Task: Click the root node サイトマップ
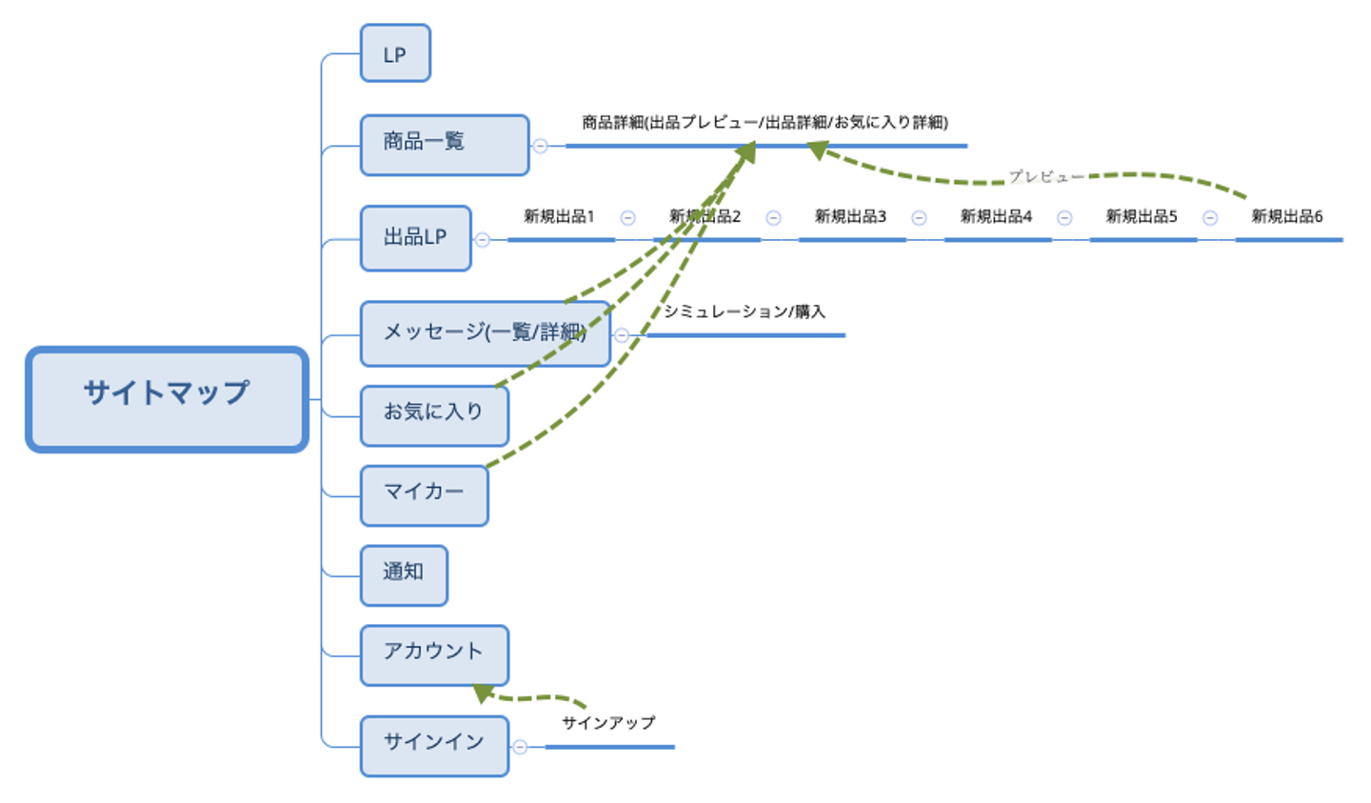(x=167, y=399)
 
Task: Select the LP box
(x=395, y=54)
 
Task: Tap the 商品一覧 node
(x=444, y=145)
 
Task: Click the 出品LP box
(x=415, y=238)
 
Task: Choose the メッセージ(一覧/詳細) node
(x=485, y=333)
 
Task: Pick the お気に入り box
(x=433, y=414)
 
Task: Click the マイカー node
(x=424, y=494)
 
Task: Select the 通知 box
(x=404, y=574)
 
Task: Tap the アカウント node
(x=433, y=654)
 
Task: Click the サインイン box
(x=433, y=745)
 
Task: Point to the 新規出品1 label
(x=559, y=217)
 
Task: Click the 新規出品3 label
(x=850, y=217)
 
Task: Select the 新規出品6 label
(x=1286, y=217)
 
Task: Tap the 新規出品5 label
(x=1142, y=217)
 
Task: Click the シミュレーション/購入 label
(x=745, y=311)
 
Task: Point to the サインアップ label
(x=608, y=723)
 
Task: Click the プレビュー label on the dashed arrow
(x=1045, y=177)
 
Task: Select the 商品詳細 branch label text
(x=765, y=123)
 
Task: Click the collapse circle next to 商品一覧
(x=540, y=146)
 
